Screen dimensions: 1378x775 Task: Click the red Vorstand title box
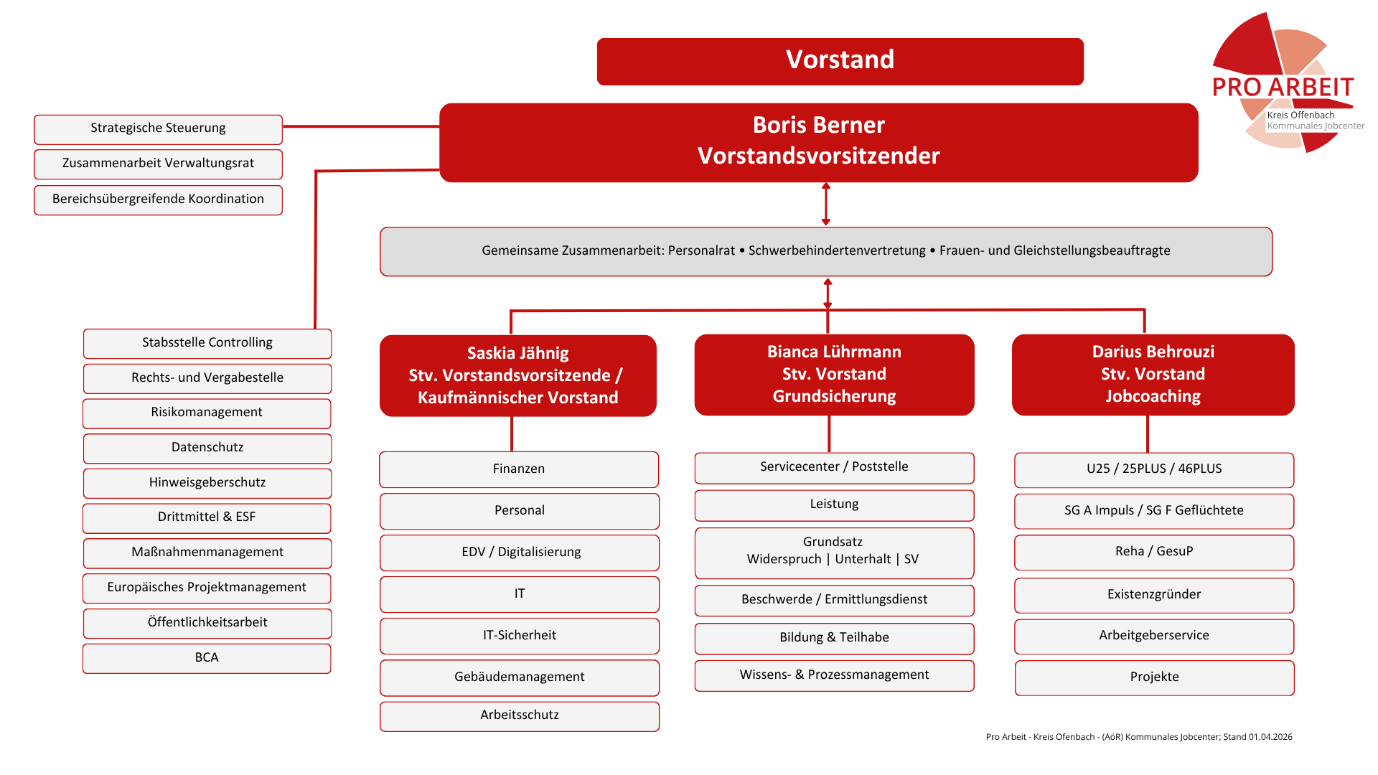840,61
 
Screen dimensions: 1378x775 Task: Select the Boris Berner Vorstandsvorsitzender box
819,142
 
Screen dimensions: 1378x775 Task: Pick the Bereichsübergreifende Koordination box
158,199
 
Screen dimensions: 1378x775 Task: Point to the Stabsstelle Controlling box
207,343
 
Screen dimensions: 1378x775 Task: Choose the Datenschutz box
207,448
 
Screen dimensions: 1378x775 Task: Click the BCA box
207,658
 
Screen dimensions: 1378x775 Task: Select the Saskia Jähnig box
518,375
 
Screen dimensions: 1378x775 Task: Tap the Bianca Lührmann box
834,375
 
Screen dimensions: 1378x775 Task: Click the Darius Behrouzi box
1153,375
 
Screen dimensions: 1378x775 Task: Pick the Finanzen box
519,469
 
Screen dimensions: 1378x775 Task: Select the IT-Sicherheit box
520,636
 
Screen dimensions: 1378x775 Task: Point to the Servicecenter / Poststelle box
834,468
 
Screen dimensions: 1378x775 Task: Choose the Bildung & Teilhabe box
834,638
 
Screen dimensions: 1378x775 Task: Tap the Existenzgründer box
1154,595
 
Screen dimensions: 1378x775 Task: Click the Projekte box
1154,677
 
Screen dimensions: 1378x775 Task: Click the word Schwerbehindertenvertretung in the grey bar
837,250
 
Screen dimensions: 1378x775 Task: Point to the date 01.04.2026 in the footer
1270,737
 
